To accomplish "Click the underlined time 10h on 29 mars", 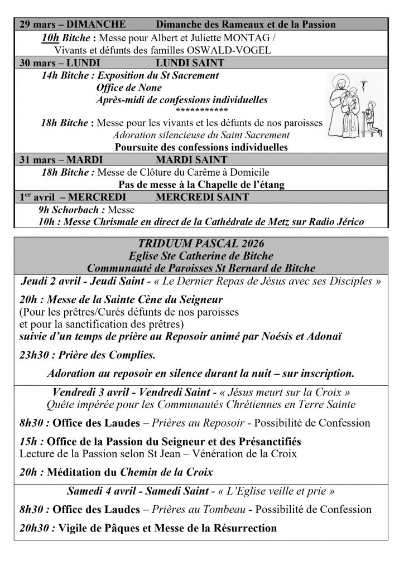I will [51, 38].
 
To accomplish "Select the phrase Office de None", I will [129, 88].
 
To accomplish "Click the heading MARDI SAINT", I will [190, 160].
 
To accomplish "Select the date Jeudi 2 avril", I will [52, 280].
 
